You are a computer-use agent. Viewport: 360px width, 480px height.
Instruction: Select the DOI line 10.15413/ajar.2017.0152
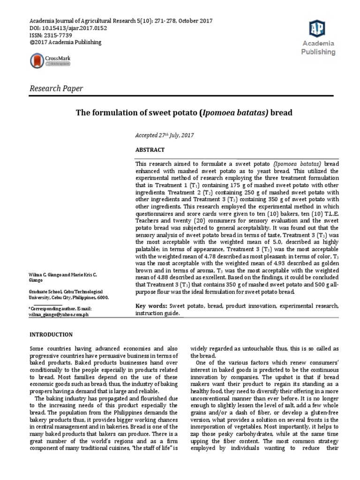(x=69, y=28)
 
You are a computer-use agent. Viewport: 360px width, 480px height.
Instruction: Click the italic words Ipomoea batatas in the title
(x=227, y=114)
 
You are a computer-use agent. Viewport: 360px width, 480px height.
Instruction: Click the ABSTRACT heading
(x=150, y=150)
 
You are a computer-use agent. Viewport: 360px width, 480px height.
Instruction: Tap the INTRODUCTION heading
(x=51, y=334)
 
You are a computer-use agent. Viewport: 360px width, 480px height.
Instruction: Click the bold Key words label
(x=150, y=306)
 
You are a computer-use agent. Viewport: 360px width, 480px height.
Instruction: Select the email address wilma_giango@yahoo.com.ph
(x=59, y=315)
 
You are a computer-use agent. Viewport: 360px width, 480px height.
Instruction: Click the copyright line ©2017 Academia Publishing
(x=65, y=42)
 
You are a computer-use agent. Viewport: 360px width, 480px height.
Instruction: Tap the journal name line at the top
(x=121, y=21)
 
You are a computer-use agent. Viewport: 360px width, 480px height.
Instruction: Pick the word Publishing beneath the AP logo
(x=318, y=52)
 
